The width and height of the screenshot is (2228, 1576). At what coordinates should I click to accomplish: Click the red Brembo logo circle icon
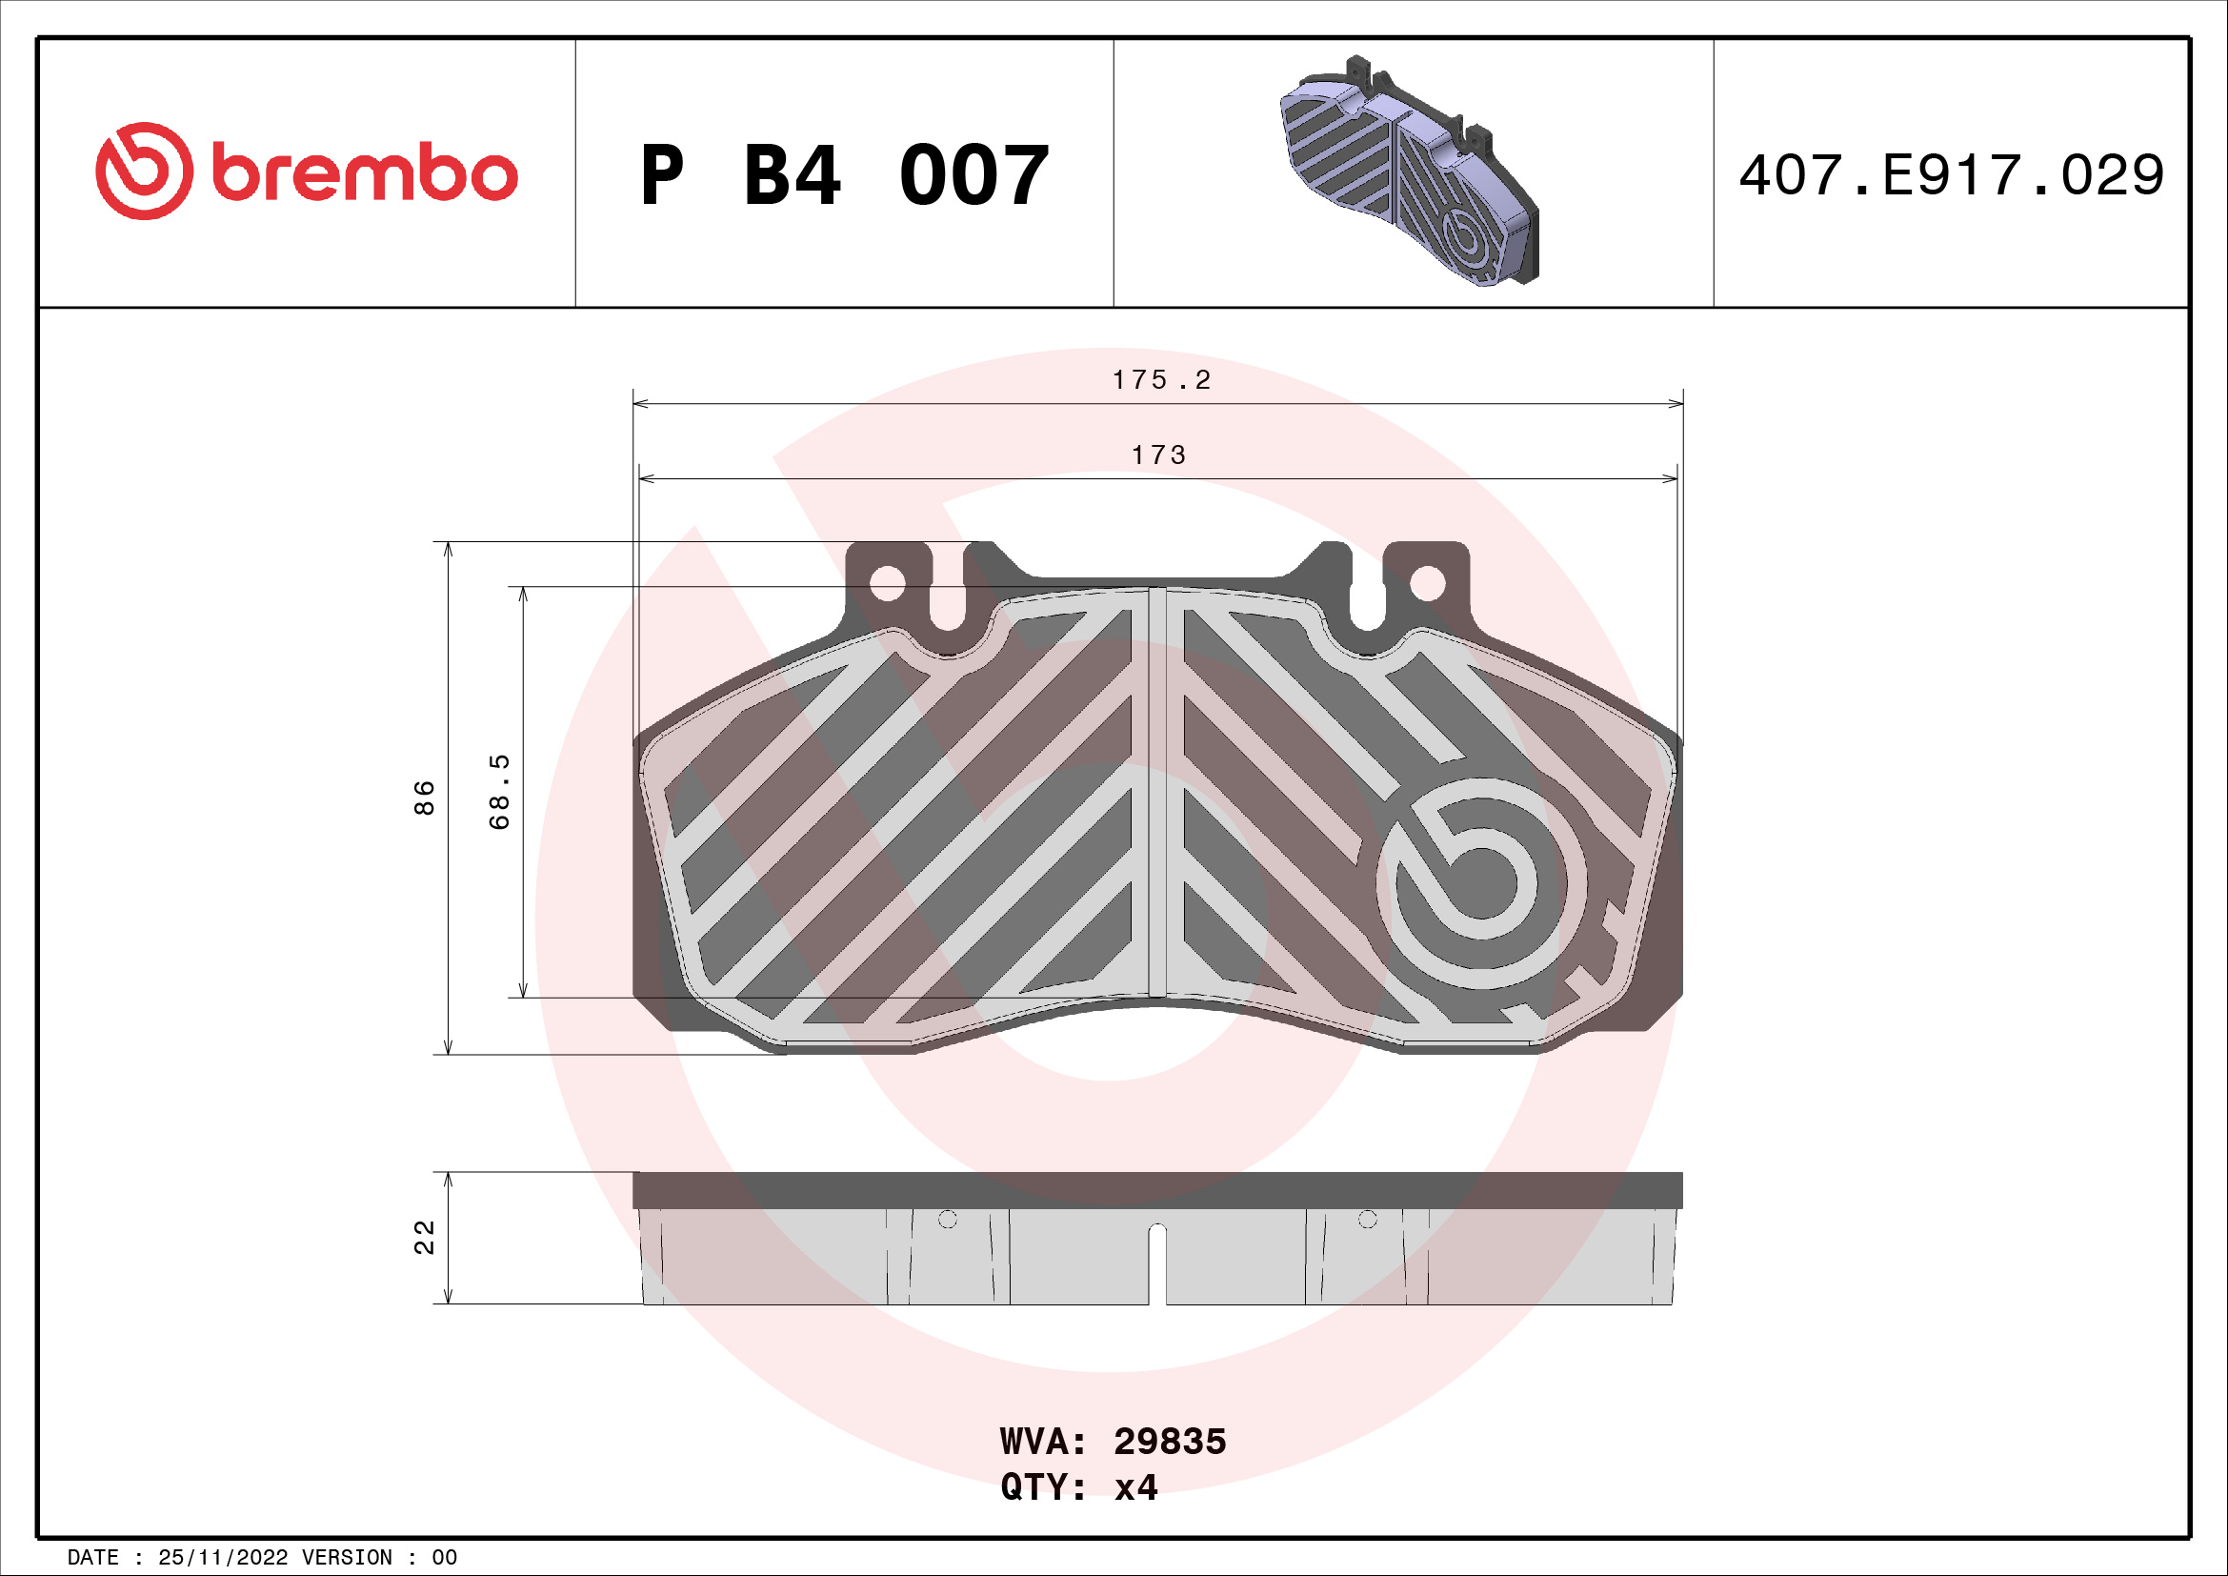(144, 171)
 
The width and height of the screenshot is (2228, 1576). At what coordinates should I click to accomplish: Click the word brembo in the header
(364, 174)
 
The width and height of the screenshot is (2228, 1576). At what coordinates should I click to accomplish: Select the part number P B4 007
(844, 175)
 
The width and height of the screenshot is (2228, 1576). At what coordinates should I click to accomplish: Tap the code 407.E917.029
(1951, 175)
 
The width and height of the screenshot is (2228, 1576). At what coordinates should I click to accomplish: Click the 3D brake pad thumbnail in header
(1410, 172)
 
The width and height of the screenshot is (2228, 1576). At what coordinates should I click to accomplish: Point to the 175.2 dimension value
(1160, 380)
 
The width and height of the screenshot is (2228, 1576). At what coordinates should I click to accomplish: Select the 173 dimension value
(1158, 455)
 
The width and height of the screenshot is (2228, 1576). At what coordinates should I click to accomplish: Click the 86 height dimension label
(424, 798)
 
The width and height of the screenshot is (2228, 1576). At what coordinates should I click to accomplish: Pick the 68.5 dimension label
(499, 792)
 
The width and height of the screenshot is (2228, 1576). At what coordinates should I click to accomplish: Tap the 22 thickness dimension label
(424, 1238)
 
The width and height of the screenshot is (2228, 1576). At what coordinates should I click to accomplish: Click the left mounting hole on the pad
(887, 583)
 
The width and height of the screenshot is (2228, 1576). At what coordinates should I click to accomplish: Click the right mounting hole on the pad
(1427, 583)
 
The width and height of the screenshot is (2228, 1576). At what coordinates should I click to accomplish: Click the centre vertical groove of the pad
(1156, 792)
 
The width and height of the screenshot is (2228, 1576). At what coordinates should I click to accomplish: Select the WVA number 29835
(1170, 1441)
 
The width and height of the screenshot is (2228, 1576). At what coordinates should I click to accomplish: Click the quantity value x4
(1135, 1486)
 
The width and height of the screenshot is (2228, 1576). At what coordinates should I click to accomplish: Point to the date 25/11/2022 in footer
(222, 1557)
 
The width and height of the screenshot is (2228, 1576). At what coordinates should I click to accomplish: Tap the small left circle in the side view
(947, 1219)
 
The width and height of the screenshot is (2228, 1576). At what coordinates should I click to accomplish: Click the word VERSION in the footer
(347, 1557)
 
